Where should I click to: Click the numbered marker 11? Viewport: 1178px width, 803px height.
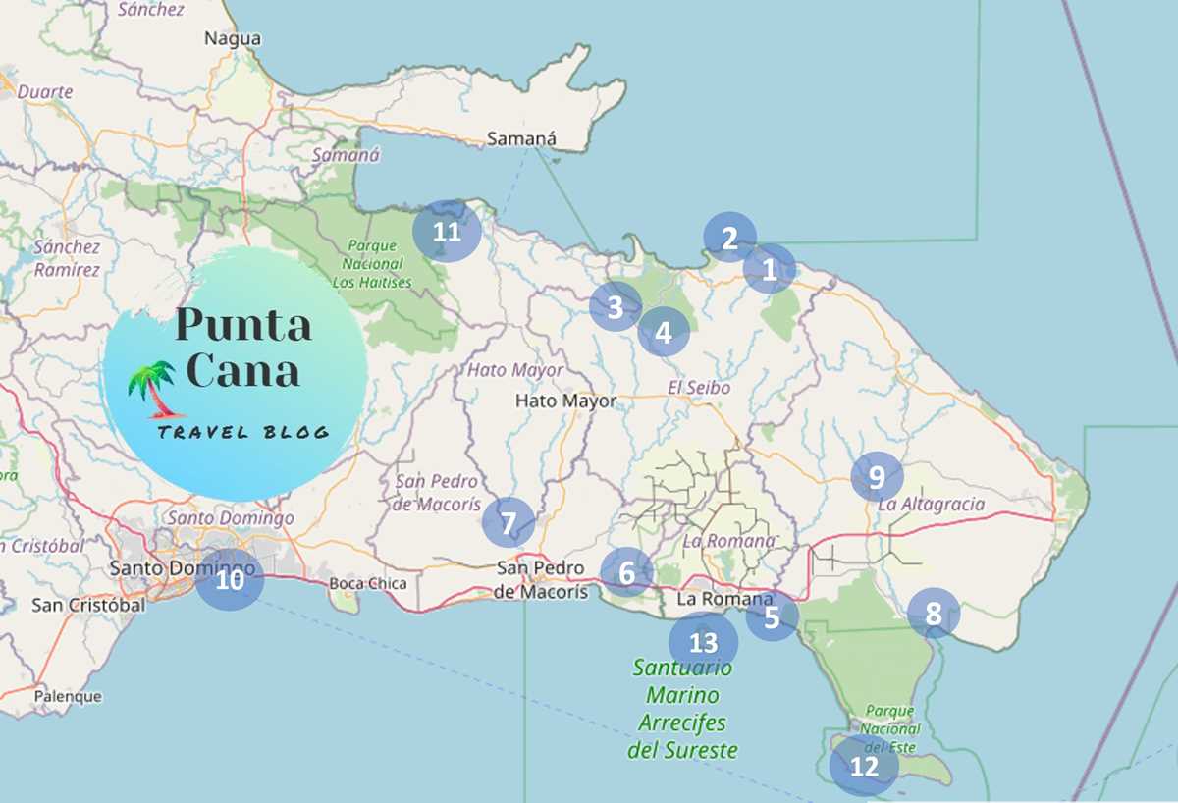(447, 233)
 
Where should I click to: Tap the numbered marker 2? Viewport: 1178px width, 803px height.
(729, 238)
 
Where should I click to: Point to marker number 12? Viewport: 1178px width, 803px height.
(864, 767)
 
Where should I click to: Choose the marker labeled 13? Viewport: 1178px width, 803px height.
(703, 643)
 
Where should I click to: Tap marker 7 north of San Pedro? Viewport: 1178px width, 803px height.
(508, 522)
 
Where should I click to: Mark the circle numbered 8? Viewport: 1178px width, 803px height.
(933, 615)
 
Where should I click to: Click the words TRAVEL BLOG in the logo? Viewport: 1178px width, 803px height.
(242, 433)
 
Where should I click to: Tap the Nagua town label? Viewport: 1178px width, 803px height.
(233, 39)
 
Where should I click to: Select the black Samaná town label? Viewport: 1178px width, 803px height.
(522, 139)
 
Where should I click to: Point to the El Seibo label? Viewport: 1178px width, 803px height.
(699, 388)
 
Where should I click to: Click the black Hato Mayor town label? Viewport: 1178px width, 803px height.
(566, 401)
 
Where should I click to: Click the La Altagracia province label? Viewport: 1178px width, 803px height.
(931, 505)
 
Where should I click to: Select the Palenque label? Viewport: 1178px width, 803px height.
(68, 696)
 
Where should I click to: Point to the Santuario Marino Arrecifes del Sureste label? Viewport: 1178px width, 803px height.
(682, 709)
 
